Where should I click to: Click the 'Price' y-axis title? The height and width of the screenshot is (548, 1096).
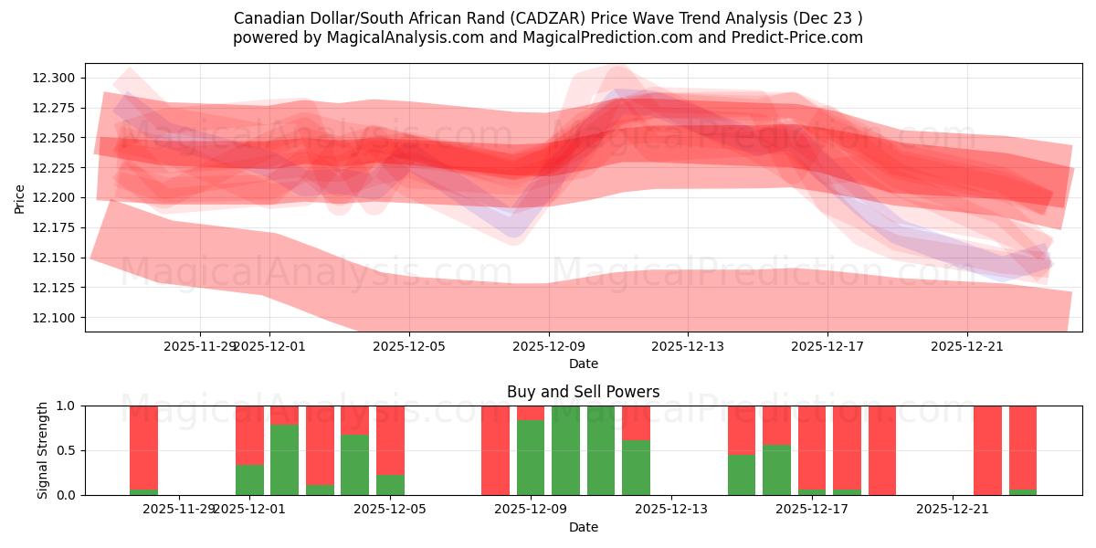click(x=20, y=198)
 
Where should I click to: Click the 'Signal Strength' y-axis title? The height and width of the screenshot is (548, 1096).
click(x=42, y=450)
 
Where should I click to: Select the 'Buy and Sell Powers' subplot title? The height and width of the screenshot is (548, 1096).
click(x=583, y=392)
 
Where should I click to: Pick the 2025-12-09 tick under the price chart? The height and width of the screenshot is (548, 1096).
click(x=549, y=346)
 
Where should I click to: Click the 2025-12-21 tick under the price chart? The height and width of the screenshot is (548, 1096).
click(x=967, y=346)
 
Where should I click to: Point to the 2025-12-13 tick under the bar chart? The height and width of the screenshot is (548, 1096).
click(x=671, y=509)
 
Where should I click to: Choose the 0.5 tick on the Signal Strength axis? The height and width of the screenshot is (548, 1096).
click(x=69, y=450)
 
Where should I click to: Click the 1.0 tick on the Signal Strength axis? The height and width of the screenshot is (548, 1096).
click(x=69, y=406)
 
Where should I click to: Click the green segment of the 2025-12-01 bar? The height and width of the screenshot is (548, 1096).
click(x=249, y=479)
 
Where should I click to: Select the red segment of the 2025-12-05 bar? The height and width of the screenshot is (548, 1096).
click(x=390, y=438)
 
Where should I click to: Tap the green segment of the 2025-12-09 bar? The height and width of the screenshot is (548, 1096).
click(x=531, y=457)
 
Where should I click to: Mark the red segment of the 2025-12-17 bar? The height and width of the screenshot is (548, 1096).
click(x=812, y=448)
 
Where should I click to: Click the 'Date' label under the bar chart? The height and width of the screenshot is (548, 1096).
click(x=583, y=527)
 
